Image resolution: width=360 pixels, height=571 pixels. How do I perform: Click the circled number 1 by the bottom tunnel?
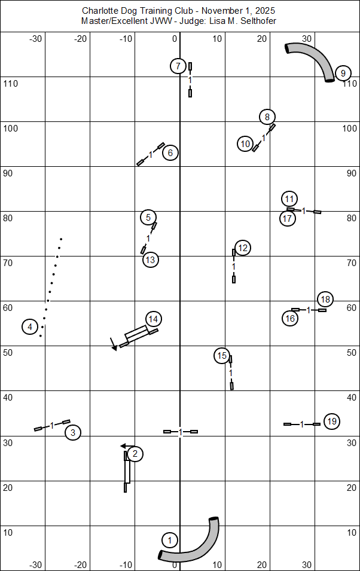(x=170, y=541)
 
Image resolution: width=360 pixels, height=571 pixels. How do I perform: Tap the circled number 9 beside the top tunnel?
(x=343, y=74)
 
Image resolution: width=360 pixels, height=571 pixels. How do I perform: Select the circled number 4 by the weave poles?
(x=30, y=326)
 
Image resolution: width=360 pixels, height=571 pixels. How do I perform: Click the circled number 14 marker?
(x=154, y=319)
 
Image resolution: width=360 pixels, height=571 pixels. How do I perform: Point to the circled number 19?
(x=332, y=422)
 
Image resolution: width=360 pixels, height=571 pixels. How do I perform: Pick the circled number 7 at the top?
(x=178, y=66)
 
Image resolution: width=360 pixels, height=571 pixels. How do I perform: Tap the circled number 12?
(x=242, y=248)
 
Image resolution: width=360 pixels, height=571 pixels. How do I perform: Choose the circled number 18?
(x=325, y=299)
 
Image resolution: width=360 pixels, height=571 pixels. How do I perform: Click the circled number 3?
(x=72, y=432)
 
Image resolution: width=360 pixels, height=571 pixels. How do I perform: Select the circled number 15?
(x=222, y=356)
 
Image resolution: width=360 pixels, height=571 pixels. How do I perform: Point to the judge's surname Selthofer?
(x=255, y=21)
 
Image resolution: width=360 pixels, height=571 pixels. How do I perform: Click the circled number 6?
(x=170, y=153)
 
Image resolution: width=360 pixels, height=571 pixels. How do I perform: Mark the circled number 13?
(x=150, y=259)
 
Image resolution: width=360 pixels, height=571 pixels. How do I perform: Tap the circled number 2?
(x=135, y=454)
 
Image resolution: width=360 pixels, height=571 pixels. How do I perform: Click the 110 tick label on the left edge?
(x=11, y=84)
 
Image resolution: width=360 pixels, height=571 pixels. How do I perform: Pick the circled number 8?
(x=267, y=117)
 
